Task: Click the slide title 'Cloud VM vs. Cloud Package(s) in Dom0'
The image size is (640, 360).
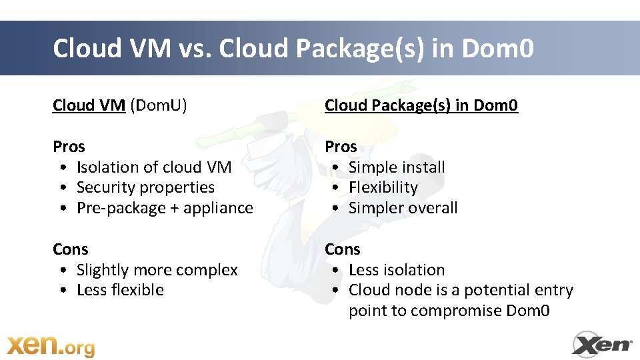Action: coord(293,49)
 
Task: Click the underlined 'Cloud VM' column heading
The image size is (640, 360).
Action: coord(89,105)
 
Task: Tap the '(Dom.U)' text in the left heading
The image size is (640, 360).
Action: coord(159,105)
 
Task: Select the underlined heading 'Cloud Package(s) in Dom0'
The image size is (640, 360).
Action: coord(421,105)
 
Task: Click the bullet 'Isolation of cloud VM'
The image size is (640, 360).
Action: coord(154,167)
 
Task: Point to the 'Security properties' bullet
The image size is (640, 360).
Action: coord(145,187)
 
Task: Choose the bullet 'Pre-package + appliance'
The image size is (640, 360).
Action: coord(165,208)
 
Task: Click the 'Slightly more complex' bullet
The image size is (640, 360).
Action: coord(157,269)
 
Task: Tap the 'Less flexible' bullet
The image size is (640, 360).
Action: coord(120,290)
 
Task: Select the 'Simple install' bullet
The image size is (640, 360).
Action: coord(397,167)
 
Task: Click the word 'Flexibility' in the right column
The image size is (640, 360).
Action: coord(383,187)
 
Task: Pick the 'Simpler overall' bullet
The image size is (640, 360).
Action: coord(403,208)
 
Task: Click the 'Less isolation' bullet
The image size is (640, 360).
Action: coord(397,269)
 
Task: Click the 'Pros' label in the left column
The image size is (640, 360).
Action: coord(69,146)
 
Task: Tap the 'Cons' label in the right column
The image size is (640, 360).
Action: coord(343,249)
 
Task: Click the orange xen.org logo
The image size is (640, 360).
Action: coord(51,345)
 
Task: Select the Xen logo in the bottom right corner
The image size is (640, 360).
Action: coord(602,344)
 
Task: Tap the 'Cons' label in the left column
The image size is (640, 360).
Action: coord(71,249)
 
